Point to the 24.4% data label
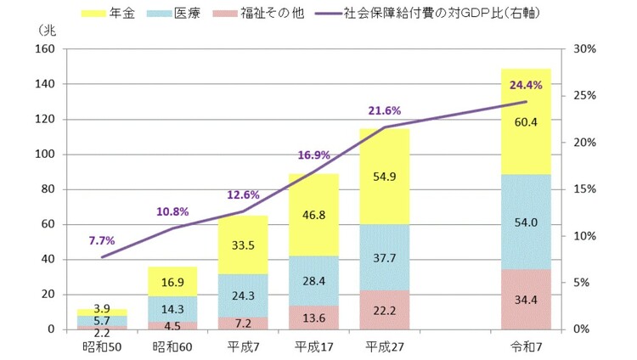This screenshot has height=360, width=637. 526,85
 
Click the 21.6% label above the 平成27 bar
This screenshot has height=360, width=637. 384,111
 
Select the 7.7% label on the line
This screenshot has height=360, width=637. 101,240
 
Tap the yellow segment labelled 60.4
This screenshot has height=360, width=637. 526,121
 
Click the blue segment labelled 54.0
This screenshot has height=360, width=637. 526,222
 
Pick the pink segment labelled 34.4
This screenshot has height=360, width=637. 526,300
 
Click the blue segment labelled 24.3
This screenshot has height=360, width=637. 242,297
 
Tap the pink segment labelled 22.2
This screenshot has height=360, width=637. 384,311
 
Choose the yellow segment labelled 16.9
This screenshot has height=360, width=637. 172,282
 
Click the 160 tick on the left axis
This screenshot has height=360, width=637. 44,49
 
